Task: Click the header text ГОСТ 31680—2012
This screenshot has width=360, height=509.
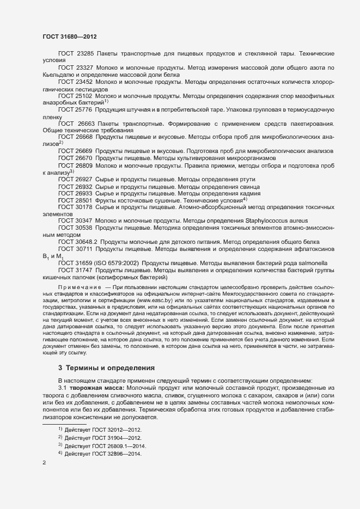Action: click(x=70, y=36)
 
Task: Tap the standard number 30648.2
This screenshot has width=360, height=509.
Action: click(x=87, y=242)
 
